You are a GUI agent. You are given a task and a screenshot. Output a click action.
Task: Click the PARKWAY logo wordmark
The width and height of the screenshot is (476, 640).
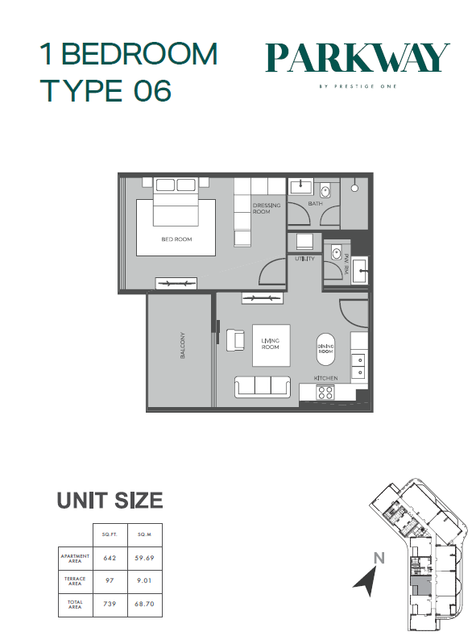[x=358, y=58]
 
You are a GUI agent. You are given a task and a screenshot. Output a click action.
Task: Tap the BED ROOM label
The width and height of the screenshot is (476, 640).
[x=176, y=239]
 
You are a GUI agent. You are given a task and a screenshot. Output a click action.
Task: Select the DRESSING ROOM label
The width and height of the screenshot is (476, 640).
[x=267, y=208]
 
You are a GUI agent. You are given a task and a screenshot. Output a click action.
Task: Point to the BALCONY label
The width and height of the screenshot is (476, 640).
[x=182, y=345]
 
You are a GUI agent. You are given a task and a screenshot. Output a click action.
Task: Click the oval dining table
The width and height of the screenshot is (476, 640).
[x=326, y=349]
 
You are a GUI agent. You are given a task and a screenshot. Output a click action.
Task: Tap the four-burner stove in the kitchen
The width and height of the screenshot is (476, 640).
[x=325, y=393]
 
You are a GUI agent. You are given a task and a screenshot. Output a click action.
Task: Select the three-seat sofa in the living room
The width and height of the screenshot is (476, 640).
[x=263, y=387]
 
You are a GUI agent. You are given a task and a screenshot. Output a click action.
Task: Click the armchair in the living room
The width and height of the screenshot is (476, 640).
[x=235, y=339]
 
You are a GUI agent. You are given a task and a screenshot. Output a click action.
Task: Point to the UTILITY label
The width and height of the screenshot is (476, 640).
[x=304, y=259]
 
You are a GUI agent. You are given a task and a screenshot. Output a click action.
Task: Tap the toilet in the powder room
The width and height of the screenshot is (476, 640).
[x=336, y=254]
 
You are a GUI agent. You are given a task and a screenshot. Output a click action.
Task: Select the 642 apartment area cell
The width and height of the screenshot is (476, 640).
[x=110, y=558]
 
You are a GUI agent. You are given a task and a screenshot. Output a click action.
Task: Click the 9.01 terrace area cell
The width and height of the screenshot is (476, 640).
[x=144, y=581]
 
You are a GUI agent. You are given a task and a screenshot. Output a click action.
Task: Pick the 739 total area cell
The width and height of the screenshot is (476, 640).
[x=110, y=604]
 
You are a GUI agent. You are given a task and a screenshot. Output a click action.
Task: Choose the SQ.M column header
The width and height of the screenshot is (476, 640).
[x=145, y=534]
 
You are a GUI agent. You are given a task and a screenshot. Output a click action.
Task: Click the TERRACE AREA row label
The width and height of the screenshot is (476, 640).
[x=75, y=581]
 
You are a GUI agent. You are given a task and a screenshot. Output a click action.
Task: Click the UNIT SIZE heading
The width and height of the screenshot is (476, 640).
[x=110, y=501]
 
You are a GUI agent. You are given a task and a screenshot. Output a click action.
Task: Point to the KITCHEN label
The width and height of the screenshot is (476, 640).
[x=326, y=378]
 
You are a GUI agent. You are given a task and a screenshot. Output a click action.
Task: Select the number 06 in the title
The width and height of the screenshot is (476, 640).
[x=152, y=90]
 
